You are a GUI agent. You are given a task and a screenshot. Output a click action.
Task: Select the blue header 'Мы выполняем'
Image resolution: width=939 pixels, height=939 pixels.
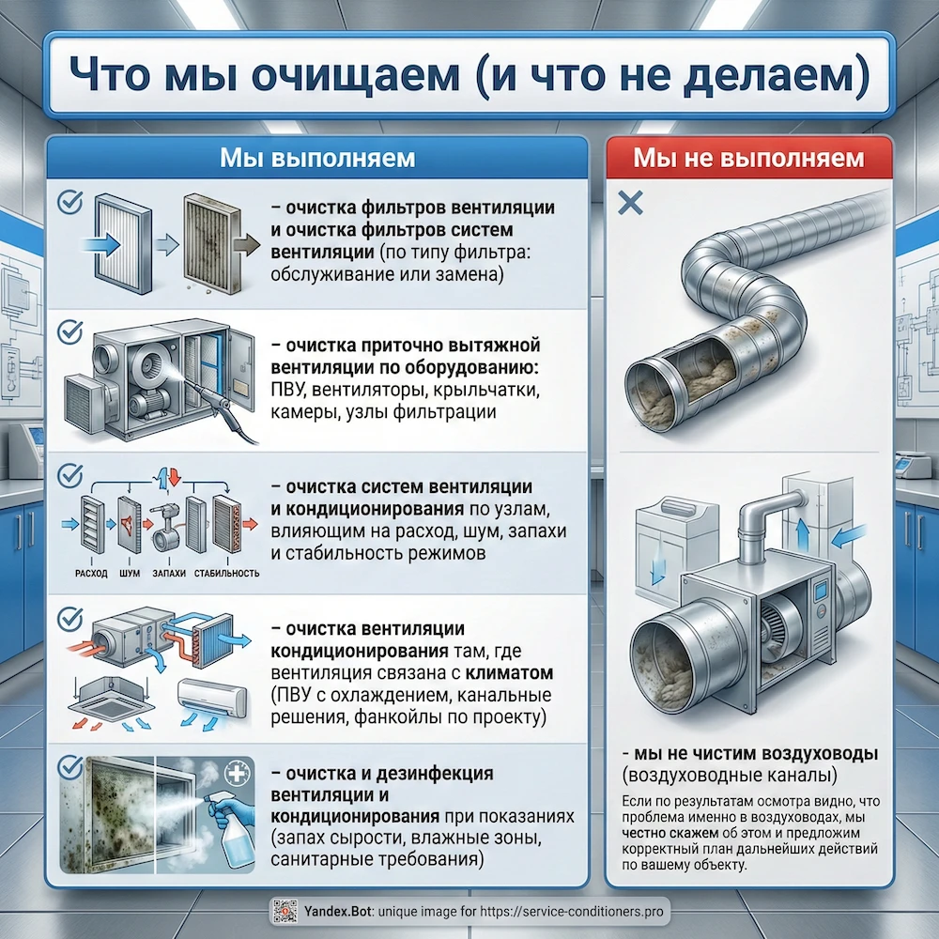(316, 157)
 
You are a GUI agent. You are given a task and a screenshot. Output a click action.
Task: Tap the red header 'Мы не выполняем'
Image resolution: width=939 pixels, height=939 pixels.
(747, 157)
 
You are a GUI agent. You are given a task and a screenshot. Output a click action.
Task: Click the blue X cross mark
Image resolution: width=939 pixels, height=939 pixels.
(632, 203)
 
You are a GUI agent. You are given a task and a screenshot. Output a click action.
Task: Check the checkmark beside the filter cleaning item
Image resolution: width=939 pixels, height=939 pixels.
(69, 200)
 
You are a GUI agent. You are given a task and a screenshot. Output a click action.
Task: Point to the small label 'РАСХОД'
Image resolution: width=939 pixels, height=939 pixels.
(89, 572)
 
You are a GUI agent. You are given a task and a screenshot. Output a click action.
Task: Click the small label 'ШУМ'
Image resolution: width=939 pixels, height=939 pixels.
(131, 572)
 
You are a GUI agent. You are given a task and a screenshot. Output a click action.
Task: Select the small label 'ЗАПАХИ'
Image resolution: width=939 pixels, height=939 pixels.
(169, 572)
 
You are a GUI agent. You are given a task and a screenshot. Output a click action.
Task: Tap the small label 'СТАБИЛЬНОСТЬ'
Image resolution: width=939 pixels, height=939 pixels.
(226, 572)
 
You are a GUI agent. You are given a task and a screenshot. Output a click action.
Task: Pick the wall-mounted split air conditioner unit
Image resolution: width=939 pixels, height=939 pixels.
(213, 699)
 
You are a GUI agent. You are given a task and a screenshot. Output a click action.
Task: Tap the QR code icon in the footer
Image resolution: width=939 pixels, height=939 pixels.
(284, 910)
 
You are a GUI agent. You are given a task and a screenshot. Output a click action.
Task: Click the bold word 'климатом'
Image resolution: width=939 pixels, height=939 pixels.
(514, 673)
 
